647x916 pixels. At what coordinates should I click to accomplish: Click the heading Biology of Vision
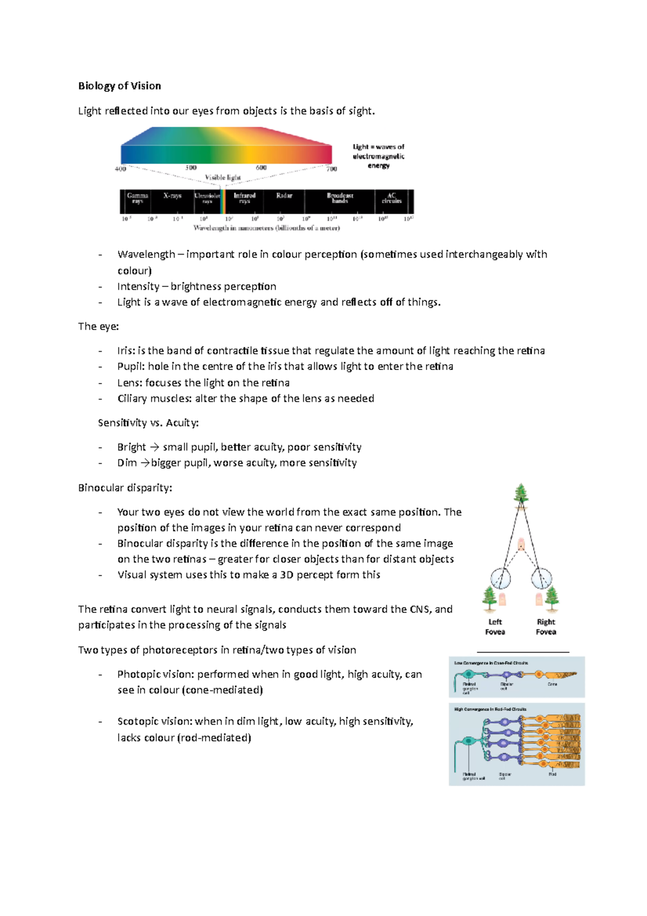coord(119,86)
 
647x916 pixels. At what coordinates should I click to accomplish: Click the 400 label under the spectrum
coord(120,169)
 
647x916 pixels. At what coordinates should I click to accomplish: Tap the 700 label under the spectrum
coord(332,169)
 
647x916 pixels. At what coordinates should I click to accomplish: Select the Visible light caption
coord(223,177)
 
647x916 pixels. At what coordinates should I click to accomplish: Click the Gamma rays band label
coord(137,198)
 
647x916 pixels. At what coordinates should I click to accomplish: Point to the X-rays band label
coord(173,196)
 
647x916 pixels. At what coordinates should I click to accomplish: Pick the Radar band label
coord(284,196)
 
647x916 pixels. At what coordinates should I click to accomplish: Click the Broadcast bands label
coord(340,198)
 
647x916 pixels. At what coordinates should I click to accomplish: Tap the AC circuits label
coord(391,198)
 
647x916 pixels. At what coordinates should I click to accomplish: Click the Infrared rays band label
coord(244,198)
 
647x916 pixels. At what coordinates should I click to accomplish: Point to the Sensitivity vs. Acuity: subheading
coord(148,423)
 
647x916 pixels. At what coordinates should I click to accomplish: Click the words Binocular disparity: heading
coord(125,488)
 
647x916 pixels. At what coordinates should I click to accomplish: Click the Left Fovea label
coord(495,627)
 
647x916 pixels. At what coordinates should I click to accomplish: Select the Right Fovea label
coord(546,627)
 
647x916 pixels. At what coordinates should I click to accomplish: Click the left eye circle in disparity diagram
coord(500,579)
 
